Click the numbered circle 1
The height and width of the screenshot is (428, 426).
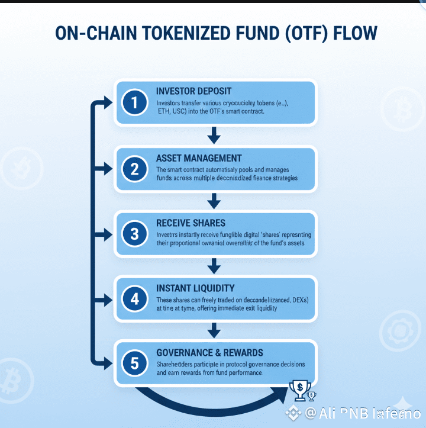point(135,103)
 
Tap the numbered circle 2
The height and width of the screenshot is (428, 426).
point(135,169)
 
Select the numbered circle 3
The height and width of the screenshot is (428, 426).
point(135,234)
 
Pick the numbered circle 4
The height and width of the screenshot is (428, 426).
point(135,299)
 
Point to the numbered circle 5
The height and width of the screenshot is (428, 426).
point(135,363)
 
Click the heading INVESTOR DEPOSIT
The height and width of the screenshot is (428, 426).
point(193,91)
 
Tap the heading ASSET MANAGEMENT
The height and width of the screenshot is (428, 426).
point(199,158)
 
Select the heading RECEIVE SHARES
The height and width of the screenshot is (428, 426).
point(191,223)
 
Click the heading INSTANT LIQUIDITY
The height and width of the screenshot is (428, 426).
point(195,288)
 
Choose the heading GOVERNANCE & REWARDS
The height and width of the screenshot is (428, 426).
point(209,353)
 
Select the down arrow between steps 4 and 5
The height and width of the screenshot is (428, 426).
point(215,330)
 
